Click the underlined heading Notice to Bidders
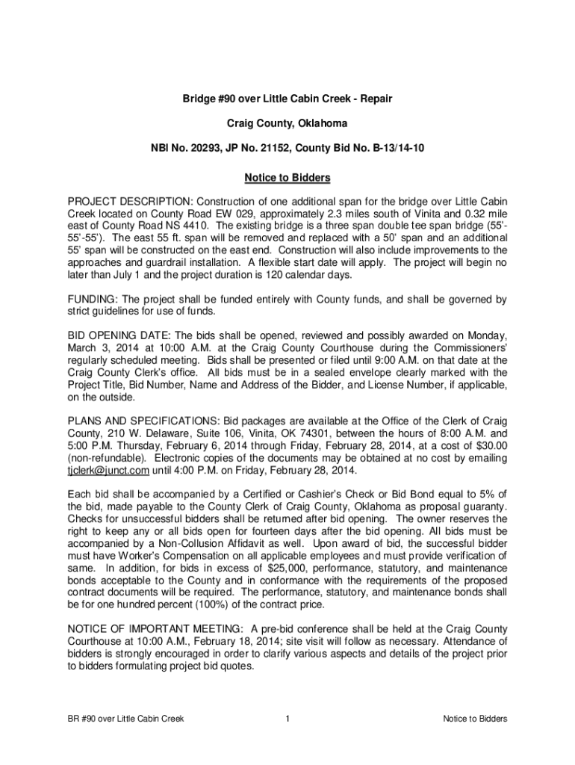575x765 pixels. (x=287, y=179)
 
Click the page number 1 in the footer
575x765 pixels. (x=287, y=719)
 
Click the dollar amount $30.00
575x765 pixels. (x=491, y=445)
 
